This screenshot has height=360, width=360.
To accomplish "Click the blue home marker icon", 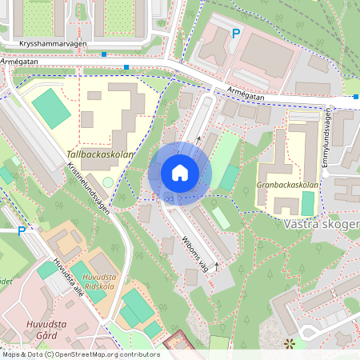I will [180, 173].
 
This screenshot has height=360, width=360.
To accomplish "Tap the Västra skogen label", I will [320, 225].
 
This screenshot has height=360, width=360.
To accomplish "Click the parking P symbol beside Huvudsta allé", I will [22, 231].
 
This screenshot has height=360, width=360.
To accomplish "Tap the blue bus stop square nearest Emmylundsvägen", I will [355, 97].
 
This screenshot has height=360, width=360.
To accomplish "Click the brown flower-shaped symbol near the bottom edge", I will [289, 344].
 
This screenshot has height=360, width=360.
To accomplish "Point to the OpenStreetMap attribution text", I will [80, 354].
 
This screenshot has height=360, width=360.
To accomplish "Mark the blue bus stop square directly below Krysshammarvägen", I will [105, 54].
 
